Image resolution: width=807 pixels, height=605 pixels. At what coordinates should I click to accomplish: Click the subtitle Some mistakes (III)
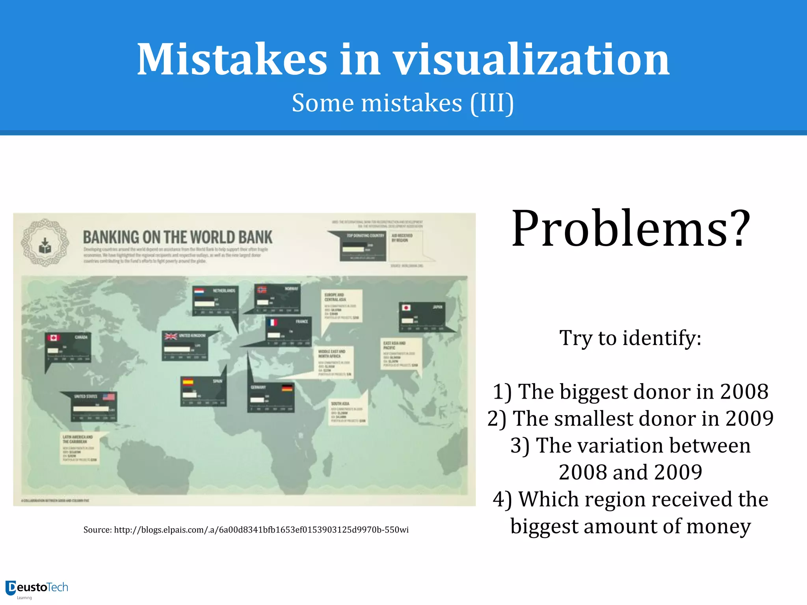coord(403,103)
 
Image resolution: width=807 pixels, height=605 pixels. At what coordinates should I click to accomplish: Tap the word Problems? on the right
coord(630,229)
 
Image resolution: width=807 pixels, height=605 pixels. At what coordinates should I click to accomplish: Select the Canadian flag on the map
coord(53,338)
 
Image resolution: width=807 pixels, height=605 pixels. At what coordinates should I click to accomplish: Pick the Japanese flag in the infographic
coord(406,307)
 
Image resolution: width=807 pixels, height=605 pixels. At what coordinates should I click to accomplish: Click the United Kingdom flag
coord(171,336)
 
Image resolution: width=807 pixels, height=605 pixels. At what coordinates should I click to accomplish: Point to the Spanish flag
coord(188,382)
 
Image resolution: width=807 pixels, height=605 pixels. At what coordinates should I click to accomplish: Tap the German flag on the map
coord(287,388)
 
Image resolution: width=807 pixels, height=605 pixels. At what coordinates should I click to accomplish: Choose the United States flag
coord(109,397)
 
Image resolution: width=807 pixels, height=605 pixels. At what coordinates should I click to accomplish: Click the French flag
coord(272,322)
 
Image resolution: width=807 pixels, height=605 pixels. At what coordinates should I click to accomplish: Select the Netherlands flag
coord(199,291)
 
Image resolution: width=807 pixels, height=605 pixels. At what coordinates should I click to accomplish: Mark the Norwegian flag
coord(262,290)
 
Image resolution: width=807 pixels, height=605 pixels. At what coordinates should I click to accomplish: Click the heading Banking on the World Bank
coord(177,238)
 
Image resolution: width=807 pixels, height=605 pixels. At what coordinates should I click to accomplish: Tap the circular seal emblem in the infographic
coord(45,243)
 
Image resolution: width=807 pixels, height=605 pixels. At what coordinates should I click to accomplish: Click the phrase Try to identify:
coord(630,338)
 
